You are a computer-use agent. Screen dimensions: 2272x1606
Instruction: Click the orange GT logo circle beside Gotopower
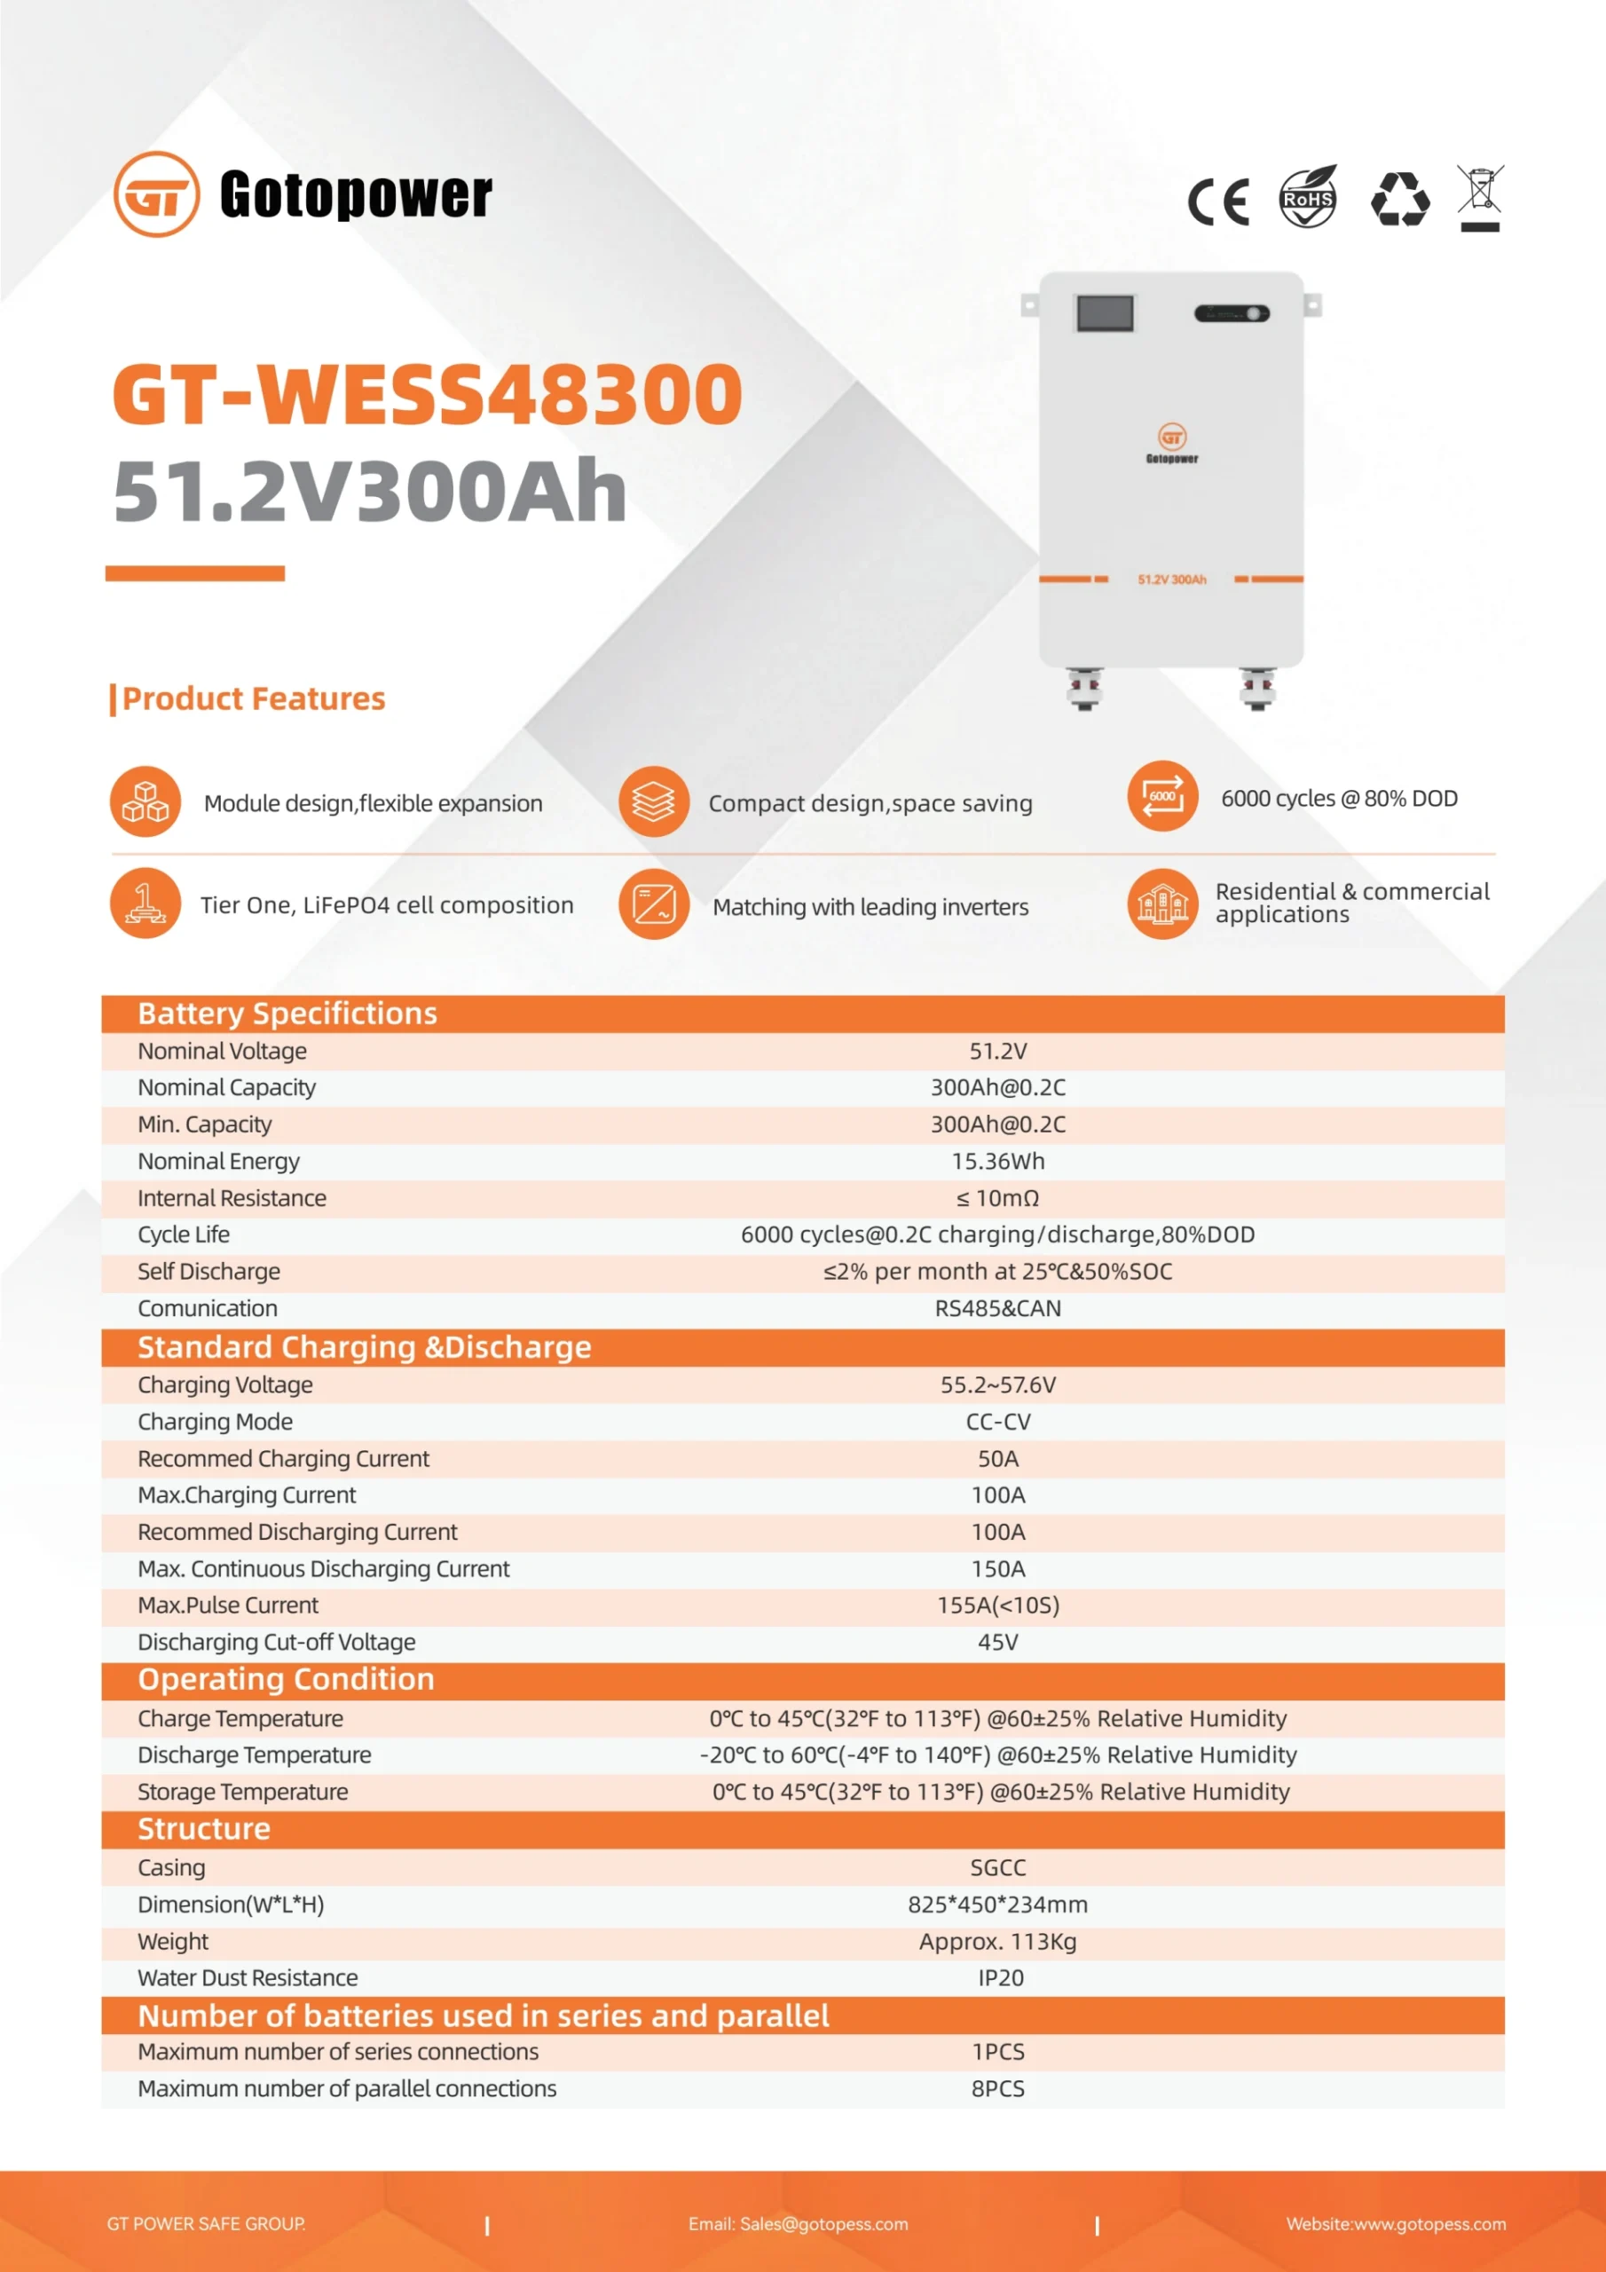click(x=156, y=194)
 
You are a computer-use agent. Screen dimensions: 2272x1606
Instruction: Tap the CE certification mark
click(x=1218, y=201)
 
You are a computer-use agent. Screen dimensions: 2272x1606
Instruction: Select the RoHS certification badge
click(x=1307, y=197)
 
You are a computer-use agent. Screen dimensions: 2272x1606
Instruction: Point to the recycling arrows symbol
click(x=1399, y=199)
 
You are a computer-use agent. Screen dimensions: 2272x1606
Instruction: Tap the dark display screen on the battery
click(x=1105, y=313)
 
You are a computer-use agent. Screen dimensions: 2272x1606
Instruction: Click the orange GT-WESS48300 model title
click(x=428, y=395)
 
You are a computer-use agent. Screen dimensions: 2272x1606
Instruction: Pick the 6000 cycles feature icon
click(x=1161, y=797)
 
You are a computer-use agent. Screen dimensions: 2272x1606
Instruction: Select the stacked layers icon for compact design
click(x=653, y=801)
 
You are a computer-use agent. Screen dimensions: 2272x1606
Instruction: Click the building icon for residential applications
click(x=1161, y=903)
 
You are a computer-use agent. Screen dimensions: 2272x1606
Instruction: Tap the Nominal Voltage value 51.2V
click(x=997, y=1051)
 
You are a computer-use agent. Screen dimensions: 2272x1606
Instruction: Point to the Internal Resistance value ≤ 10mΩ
click(x=997, y=1198)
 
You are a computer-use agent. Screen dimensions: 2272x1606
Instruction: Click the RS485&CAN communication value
click(x=997, y=1308)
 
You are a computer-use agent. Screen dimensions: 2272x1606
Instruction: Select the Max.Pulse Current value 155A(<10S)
click(x=997, y=1605)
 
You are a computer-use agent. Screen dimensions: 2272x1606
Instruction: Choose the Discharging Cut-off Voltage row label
click(x=276, y=1643)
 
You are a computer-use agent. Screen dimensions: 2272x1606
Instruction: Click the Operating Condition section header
click(x=286, y=1679)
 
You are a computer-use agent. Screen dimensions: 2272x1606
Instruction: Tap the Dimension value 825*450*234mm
click(x=997, y=1905)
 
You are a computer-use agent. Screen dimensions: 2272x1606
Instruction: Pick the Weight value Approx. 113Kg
click(x=997, y=1942)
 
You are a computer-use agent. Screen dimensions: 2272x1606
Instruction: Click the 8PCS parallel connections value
click(x=997, y=2089)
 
